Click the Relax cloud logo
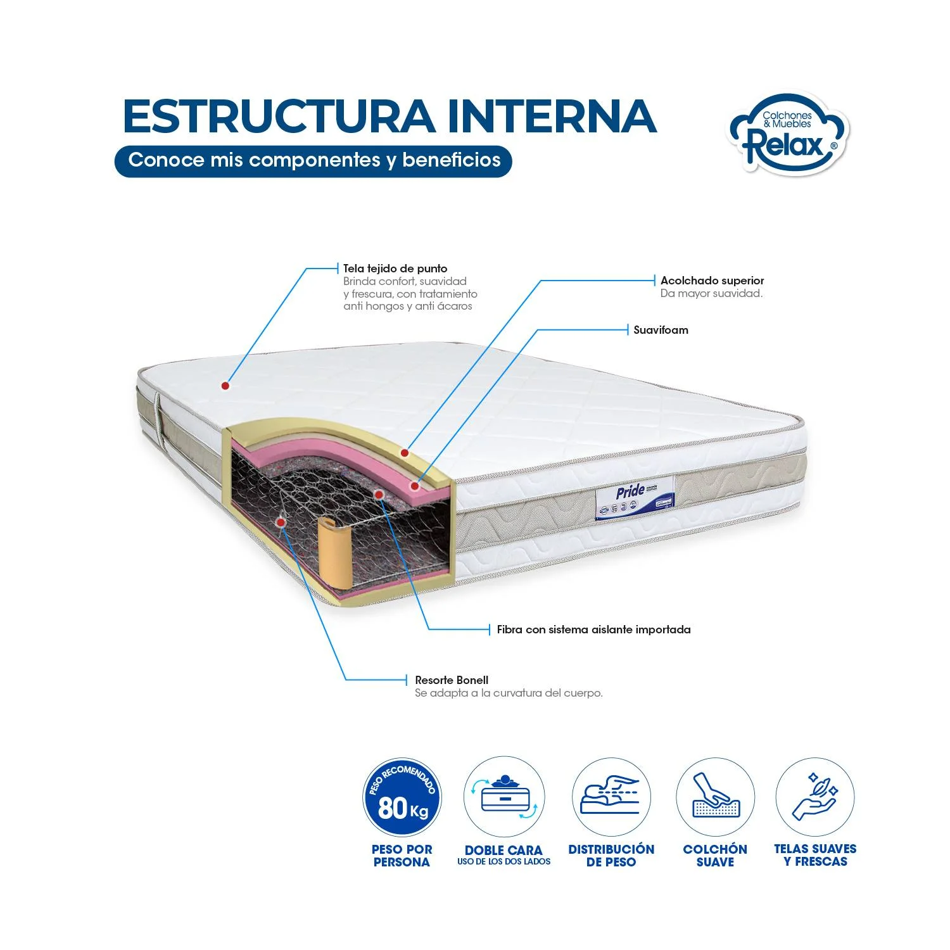coord(788,134)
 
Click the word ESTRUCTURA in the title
coord(279,117)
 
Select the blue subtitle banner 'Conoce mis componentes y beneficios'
coord(313,160)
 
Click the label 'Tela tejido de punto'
coord(395,269)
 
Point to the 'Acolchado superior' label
coord(712,281)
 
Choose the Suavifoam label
coord(661,330)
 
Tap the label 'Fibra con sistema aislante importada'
coord(593,630)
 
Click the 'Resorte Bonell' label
coord(452,680)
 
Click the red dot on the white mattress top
coord(225,385)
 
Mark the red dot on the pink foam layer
coord(415,486)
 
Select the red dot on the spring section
coord(281,521)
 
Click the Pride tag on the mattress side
coord(635,497)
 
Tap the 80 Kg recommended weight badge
coord(402,797)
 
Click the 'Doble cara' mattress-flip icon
coord(503,797)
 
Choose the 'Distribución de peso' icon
coord(611,797)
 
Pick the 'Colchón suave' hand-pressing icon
coord(715,797)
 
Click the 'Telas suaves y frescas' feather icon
coord(815,797)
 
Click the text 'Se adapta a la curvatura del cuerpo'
coord(509,693)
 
